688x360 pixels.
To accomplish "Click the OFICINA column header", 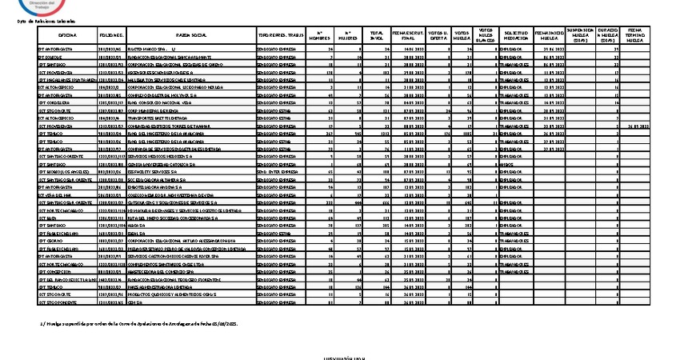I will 67,36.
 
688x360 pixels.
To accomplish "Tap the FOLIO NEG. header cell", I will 111,36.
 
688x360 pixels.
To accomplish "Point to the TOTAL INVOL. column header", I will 375,36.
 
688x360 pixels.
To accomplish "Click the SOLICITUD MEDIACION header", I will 516,36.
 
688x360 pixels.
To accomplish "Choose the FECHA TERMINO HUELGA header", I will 635,36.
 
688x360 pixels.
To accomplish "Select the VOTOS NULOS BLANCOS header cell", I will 486,36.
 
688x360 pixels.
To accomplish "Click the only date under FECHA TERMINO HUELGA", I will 635,126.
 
